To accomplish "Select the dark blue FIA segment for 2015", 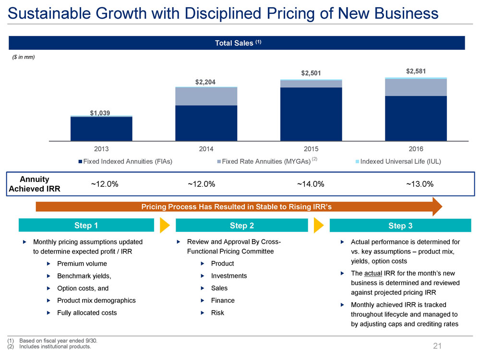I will (x=311, y=114).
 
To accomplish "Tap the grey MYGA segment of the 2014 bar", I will (x=206, y=96).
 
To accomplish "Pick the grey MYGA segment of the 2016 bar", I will (x=416, y=87).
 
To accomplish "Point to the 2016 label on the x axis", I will (x=416, y=149).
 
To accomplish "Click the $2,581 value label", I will (x=416, y=72).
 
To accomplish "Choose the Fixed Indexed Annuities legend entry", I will (x=126, y=161).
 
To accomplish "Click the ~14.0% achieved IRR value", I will (x=311, y=184).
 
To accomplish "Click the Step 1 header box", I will (x=86, y=225).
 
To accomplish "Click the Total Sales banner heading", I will (x=238, y=43).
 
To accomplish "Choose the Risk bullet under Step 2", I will (x=217, y=313).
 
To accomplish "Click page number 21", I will (x=437, y=346).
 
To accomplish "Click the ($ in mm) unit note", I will (x=24, y=57).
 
